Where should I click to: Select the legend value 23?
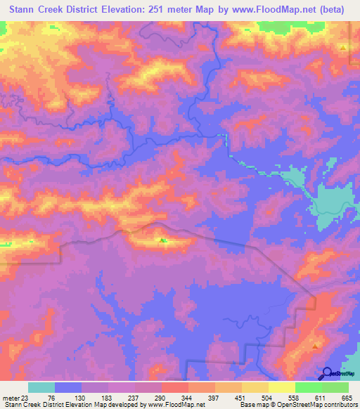(x=31, y=398)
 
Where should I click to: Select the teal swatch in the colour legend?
(x=41, y=387)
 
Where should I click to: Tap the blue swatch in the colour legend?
(x=68, y=387)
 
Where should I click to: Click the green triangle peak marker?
(x=163, y=242)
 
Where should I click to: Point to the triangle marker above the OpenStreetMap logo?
(x=316, y=345)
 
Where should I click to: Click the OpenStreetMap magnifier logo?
(x=327, y=372)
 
